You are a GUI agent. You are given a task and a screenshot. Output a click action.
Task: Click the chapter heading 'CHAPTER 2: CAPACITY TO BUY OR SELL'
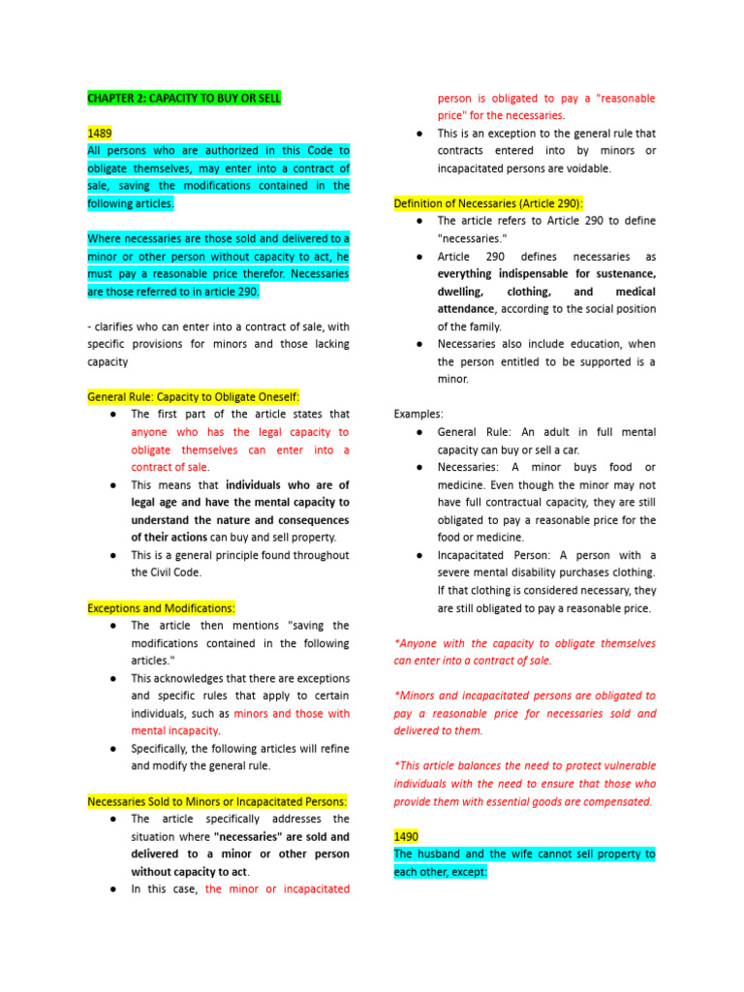(184, 98)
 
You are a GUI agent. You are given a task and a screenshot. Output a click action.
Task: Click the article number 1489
(100, 133)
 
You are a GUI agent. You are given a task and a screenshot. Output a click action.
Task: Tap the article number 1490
(406, 836)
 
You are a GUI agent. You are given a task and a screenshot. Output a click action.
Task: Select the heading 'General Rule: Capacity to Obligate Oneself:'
(194, 396)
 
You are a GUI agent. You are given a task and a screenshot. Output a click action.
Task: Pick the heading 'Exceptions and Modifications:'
(161, 607)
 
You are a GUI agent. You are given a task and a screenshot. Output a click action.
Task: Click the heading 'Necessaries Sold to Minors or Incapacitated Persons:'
(217, 801)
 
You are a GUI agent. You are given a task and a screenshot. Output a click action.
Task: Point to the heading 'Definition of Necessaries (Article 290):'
(488, 203)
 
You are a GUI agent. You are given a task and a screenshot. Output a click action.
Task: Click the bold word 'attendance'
(465, 308)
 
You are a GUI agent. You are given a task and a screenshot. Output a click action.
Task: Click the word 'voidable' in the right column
(584, 168)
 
